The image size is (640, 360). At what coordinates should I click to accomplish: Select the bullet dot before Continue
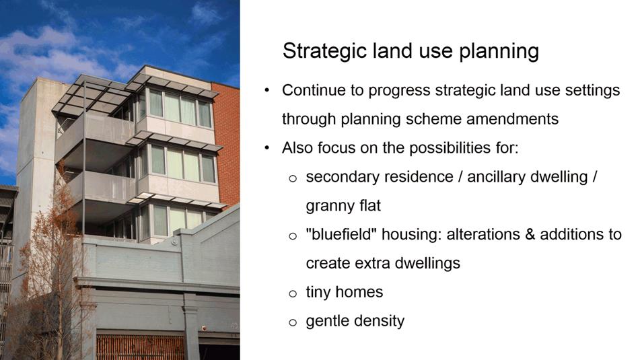[267, 90]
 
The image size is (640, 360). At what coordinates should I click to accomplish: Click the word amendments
[512, 119]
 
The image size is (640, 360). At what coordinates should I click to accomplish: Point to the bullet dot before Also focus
[267, 148]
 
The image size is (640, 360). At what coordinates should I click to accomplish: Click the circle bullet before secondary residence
[292, 178]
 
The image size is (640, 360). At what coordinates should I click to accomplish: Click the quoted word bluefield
[341, 234]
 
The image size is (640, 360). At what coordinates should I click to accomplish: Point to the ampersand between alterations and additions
[530, 235]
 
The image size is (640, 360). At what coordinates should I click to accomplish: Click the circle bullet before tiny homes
[292, 293]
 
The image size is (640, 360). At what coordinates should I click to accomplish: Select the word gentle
[328, 321]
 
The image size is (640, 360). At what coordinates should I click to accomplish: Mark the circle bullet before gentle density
[292, 322]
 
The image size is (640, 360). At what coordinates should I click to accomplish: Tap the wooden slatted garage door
[140, 347]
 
